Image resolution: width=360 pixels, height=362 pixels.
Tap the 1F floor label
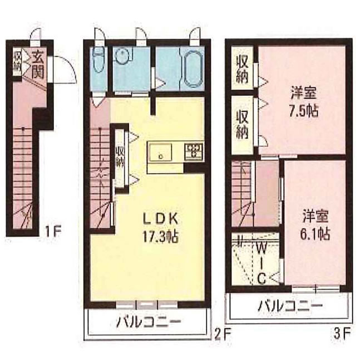(x=53, y=228)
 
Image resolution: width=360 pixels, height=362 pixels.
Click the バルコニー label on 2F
(x=147, y=322)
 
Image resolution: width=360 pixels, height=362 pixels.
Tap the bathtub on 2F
(x=192, y=69)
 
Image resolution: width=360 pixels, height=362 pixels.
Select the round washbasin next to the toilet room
(x=122, y=57)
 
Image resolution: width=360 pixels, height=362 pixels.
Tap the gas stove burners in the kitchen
(x=194, y=149)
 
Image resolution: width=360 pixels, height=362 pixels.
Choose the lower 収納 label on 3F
(x=242, y=124)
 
